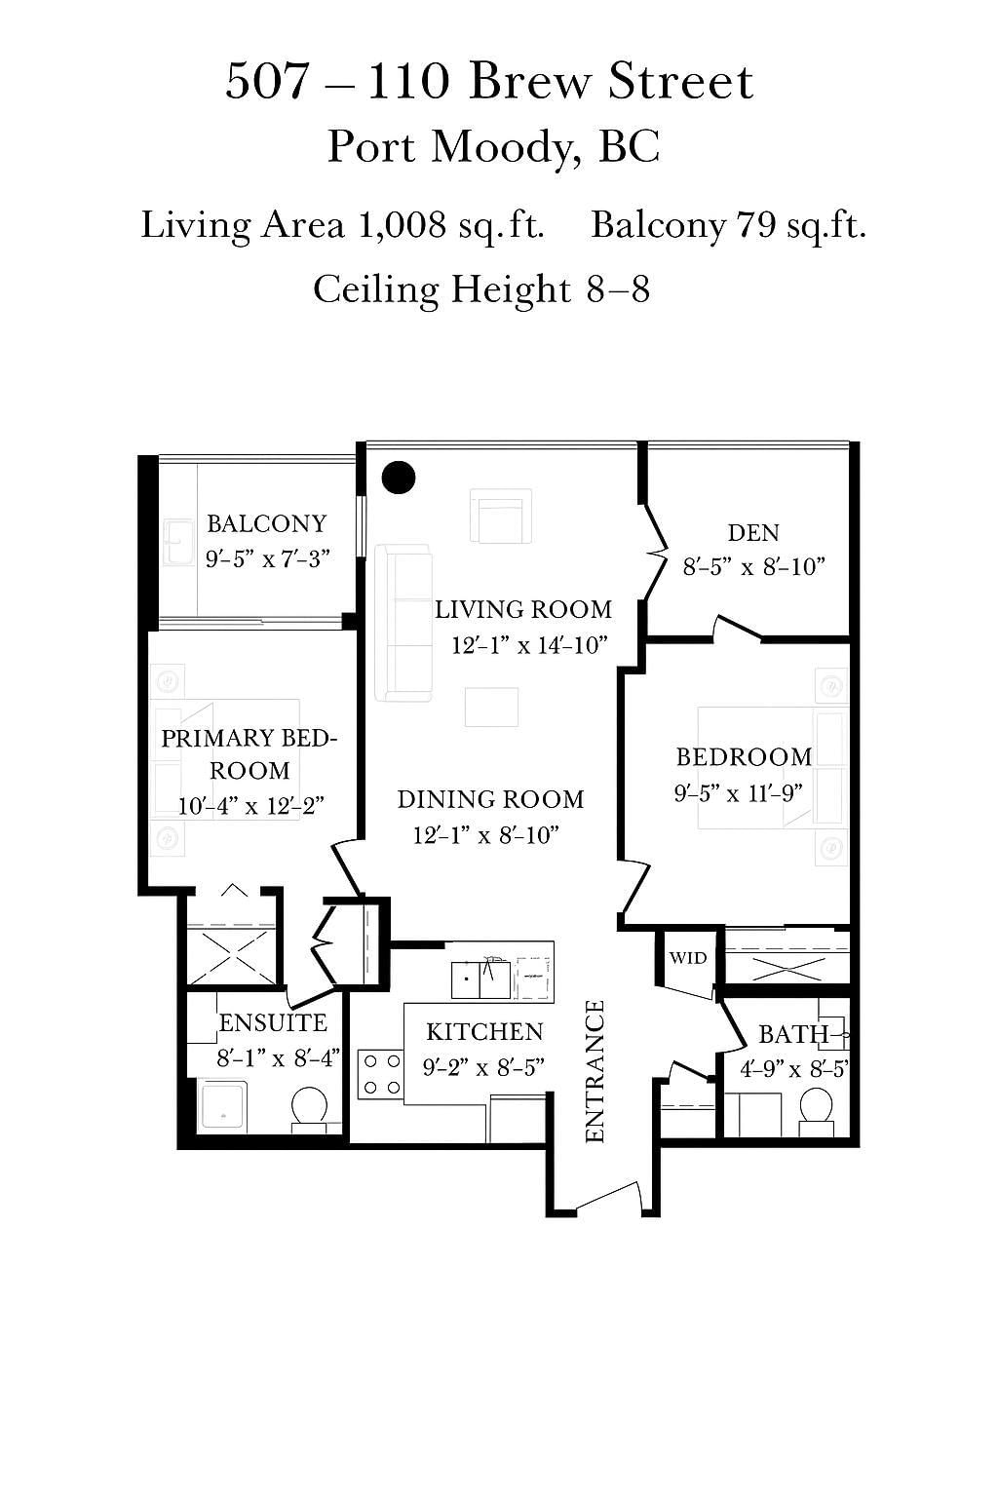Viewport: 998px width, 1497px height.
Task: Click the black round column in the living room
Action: (399, 478)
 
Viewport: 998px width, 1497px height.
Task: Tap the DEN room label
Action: (753, 533)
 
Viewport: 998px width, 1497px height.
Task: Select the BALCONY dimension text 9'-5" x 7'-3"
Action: (267, 558)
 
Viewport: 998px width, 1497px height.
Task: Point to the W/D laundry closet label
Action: (688, 958)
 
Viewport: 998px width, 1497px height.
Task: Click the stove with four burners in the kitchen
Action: (381, 1074)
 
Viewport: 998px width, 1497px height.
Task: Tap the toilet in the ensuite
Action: (309, 1110)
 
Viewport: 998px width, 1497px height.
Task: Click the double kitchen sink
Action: (480, 979)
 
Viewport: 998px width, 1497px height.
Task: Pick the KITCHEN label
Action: (484, 1032)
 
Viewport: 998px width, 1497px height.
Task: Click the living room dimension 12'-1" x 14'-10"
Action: (529, 645)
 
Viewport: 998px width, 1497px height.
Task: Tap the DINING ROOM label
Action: (490, 799)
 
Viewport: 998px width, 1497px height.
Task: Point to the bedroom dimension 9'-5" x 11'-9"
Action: (738, 793)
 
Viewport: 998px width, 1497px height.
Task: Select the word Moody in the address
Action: (507, 148)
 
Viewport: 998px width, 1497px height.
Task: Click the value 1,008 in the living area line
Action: (403, 224)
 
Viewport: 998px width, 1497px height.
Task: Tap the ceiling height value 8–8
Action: (618, 289)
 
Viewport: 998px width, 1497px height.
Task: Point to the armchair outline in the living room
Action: (501, 516)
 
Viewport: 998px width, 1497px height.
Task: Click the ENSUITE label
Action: (274, 1023)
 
